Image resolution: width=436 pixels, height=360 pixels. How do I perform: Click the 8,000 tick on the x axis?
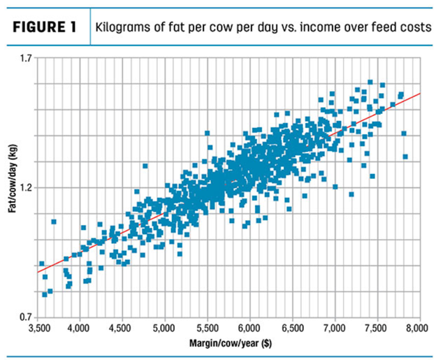click(418, 327)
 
